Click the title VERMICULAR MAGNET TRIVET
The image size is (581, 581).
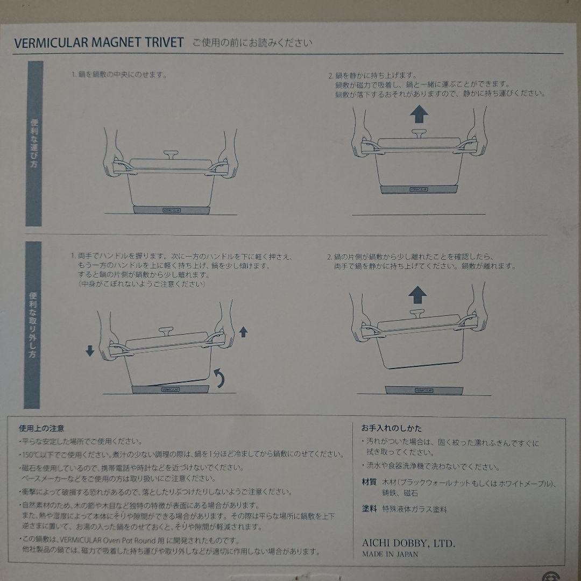coord(99,43)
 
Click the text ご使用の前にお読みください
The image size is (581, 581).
coord(253,43)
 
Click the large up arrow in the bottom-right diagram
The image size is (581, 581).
coord(417,295)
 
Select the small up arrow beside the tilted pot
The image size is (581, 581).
coord(243,331)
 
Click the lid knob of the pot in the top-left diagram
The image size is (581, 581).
coord(172,155)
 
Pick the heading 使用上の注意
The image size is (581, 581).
coord(41,429)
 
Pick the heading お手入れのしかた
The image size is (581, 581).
coord(391,429)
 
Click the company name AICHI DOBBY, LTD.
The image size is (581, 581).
coord(408,544)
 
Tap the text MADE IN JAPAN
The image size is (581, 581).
coord(389,554)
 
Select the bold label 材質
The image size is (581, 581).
coord(369,482)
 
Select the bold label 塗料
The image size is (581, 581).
coord(369,508)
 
